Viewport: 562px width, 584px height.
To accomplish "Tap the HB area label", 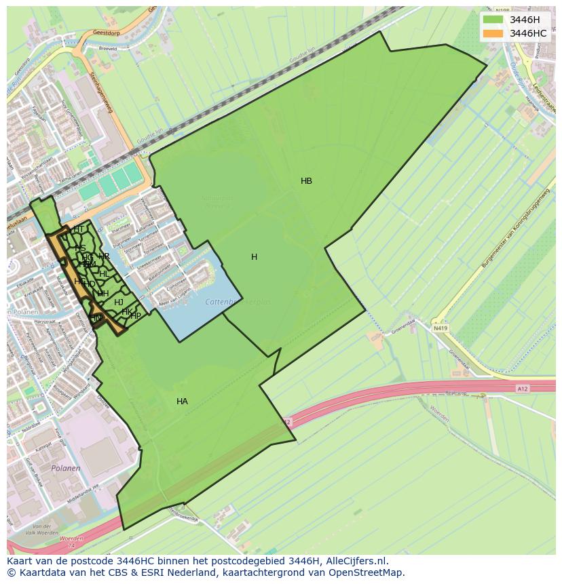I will click(306, 181).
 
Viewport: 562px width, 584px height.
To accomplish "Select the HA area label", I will click(182, 402).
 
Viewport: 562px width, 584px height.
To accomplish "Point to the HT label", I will click(79, 229).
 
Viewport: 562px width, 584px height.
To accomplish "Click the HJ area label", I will click(119, 303).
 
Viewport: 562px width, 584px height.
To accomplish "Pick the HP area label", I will click(136, 315).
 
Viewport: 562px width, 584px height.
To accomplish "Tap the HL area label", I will click(104, 273).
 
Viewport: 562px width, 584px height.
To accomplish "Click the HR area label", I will click(104, 256).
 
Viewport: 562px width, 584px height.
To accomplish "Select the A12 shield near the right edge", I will click(521, 388).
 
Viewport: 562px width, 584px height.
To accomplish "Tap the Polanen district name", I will click(66, 468).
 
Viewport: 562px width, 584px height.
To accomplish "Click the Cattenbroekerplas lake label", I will click(238, 302).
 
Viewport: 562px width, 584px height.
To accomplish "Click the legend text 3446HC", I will click(528, 33).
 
